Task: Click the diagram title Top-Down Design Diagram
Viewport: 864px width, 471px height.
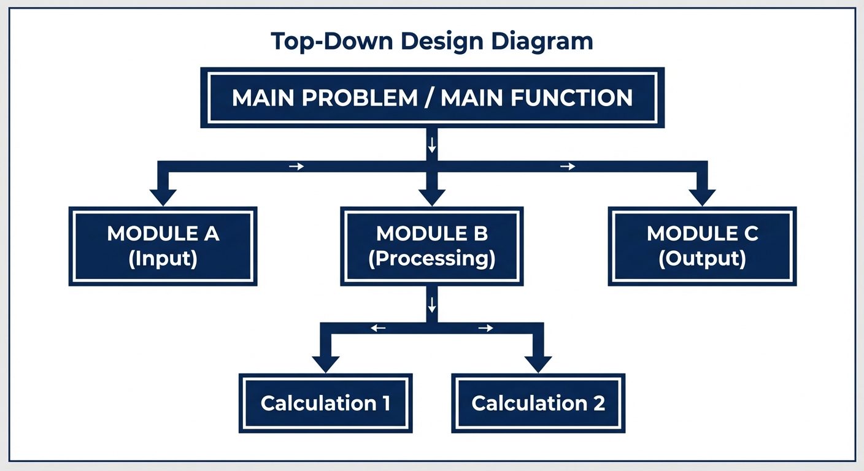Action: [431, 41]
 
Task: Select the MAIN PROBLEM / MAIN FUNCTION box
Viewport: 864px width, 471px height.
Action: [432, 98]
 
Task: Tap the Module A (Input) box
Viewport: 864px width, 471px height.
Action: [163, 246]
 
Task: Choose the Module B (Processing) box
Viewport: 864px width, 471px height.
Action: [432, 246]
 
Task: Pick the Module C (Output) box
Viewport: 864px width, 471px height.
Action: [702, 246]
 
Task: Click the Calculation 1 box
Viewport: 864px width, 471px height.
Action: [325, 403]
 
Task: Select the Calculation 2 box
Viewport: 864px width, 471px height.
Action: [538, 403]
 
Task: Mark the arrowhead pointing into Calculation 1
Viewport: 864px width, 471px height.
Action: [325, 364]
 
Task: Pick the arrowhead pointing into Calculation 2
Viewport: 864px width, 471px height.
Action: [538, 364]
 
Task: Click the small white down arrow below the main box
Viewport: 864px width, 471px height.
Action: [432, 145]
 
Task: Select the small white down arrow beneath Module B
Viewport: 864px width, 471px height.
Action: [432, 304]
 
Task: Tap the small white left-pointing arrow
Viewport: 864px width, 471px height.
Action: [378, 328]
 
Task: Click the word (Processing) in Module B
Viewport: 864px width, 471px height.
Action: [432, 258]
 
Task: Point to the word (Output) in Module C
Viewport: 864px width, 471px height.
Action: [702, 258]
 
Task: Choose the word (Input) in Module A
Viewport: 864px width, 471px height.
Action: [163, 258]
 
